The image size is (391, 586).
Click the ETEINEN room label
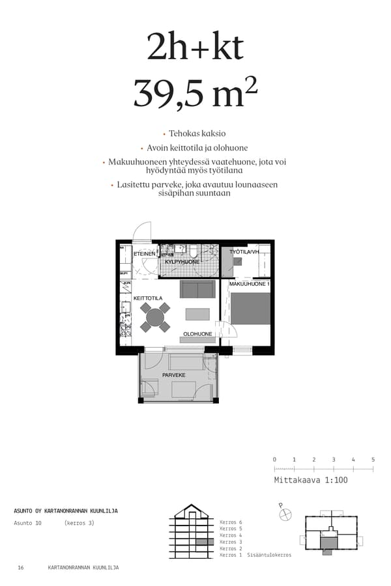pyautogui.click(x=144, y=254)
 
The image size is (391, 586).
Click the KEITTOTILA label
pyautogui.click(x=148, y=298)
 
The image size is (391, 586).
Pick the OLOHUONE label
pyautogui.click(x=197, y=334)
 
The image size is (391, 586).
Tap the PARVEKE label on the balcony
pyautogui.click(x=174, y=375)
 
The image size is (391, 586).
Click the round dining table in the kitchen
pyautogui.click(x=155, y=317)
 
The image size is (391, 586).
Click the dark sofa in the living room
pyautogui.click(x=197, y=289)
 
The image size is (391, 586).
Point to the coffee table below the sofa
pyautogui.click(x=197, y=314)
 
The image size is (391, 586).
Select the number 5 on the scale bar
pyautogui.click(x=373, y=460)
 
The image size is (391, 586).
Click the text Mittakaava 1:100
pyautogui.click(x=311, y=481)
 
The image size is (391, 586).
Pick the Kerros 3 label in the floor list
pyautogui.click(x=231, y=542)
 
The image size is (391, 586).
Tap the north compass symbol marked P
pyautogui.click(x=285, y=514)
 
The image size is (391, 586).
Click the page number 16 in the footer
pyautogui.click(x=21, y=568)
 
